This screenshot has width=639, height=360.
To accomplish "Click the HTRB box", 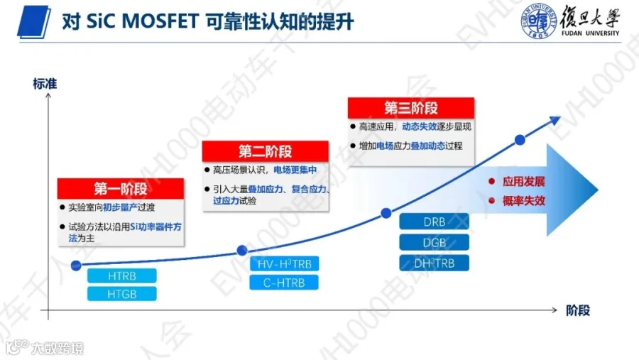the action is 122,276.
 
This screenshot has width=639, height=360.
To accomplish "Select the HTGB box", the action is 122,294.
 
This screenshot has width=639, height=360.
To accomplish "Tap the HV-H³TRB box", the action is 284,263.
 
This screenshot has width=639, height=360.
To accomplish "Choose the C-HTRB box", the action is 284,283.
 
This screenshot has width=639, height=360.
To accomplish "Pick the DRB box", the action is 434,222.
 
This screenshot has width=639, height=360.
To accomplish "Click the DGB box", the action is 434,243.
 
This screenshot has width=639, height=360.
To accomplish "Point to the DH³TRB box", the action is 434,263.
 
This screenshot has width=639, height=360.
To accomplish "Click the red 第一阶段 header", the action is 121,189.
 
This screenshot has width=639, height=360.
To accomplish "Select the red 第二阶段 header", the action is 266,151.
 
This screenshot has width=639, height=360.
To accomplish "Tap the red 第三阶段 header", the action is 411,108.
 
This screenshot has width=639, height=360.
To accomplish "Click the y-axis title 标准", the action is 45,84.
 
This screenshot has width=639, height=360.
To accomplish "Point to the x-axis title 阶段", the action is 578,311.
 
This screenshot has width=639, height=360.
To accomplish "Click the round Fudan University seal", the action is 538,21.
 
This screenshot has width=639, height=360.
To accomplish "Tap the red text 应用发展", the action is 524,182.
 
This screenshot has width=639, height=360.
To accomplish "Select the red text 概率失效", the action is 524,200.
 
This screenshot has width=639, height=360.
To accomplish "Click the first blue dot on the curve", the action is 76,266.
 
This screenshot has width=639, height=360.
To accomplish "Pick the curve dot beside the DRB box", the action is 386,213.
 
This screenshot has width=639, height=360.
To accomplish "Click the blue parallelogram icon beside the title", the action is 34,22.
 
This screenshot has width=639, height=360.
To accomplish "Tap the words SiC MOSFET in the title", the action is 142,21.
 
